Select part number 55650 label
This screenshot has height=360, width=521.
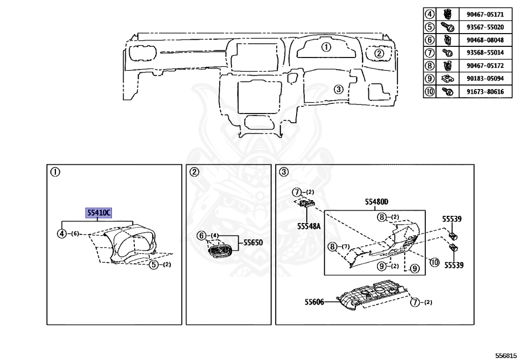[253, 243]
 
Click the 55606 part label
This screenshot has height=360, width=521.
[314, 301]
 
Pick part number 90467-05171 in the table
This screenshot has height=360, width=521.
[481, 14]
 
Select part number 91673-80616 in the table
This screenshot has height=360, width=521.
[481, 92]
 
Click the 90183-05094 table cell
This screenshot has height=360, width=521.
[481, 79]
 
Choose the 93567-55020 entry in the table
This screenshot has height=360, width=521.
[481, 27]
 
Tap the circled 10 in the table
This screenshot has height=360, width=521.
[430, 92]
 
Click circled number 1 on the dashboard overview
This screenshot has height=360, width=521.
[326, 47]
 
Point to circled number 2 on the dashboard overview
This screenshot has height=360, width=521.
[379, 53]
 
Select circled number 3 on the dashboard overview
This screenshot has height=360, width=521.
[338, 89]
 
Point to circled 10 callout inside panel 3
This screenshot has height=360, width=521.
[434, 262]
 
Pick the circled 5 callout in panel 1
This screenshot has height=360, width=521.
[153, 264]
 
